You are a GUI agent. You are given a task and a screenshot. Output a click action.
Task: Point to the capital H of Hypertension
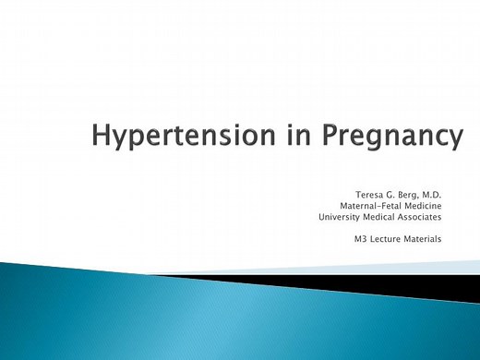102,136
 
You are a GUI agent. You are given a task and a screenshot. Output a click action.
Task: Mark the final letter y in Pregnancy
453,141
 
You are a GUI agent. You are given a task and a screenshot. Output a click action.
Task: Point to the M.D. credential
431,196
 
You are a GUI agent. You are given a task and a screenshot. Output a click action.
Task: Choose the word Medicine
420,207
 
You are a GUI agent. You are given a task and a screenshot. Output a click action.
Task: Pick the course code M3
361,240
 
